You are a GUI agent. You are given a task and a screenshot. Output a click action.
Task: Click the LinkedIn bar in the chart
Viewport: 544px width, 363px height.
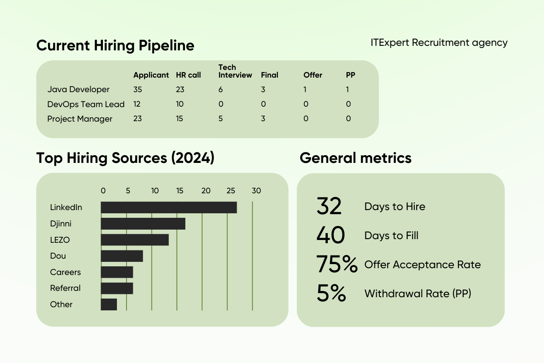[x=169, y=207]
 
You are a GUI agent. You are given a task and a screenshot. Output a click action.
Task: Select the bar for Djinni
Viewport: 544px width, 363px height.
[x=143, y=224]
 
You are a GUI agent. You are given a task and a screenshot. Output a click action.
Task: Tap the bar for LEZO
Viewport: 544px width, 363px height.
[x=135, y=240]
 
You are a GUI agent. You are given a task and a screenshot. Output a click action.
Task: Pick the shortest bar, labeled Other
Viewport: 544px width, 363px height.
[x=109, y=304]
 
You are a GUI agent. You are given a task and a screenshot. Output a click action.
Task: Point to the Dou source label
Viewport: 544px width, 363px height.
[x=58, y=256]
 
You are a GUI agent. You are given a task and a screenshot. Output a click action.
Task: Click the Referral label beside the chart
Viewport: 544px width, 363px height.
[x=65, y=288]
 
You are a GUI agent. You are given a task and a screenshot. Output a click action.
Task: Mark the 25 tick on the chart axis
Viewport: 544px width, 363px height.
[x=231, y=191]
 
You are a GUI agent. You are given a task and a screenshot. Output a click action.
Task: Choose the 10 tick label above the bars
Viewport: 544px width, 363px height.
[x=155, y=191]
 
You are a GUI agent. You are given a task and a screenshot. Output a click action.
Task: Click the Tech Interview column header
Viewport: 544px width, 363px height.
[x=235, y=71]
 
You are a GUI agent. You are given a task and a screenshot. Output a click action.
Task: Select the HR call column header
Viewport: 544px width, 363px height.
[x=188, y=75]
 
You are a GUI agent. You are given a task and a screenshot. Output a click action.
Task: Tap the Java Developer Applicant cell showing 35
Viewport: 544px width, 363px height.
[x=137, y=89]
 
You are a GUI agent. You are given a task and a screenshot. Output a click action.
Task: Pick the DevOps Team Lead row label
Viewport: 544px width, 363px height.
[x=86, y=104]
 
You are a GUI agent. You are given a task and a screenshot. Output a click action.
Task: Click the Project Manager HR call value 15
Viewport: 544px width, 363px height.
[x=180, y=119]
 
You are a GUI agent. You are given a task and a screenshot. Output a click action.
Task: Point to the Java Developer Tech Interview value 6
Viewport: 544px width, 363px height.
[x=221, y=89]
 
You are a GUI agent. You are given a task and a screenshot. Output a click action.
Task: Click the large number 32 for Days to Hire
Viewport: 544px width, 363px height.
[x=329, y=206]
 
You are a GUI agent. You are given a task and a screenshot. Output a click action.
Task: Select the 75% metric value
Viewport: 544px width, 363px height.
[x=337, y=265]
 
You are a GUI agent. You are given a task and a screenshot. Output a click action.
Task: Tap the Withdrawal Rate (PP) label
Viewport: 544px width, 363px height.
[x=418, y=294]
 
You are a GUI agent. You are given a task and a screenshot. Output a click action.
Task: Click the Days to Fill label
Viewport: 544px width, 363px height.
[x=391, y=236]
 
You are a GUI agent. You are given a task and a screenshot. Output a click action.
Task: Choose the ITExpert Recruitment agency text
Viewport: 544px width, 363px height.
[x=439, y=43]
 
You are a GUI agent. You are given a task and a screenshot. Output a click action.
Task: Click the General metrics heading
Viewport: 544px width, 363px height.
[x=355, y=158]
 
